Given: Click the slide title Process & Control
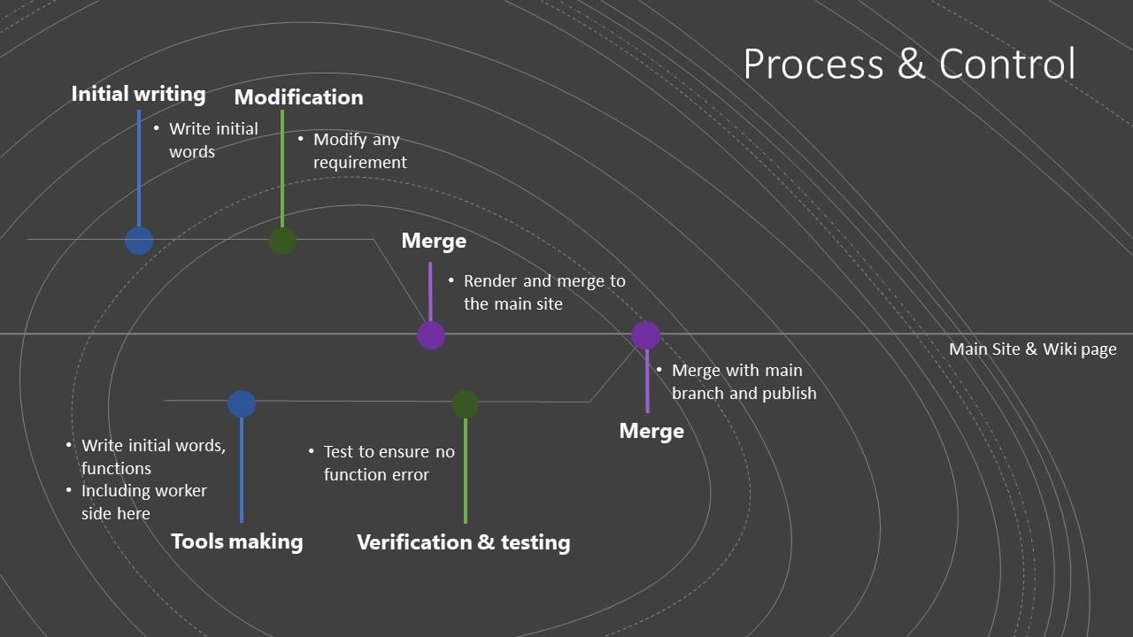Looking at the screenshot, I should point(909,64).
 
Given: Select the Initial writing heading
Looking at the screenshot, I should point(138,94).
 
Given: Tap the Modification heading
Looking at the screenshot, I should point(298,97).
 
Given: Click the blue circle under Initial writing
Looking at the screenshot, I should point(139,241).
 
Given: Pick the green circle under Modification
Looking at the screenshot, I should point(282,241).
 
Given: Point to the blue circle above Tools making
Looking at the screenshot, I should point(242,404).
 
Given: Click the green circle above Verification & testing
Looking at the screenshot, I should point(466,404).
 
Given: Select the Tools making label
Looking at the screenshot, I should point(236,541).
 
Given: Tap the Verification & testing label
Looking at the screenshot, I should point(463,542).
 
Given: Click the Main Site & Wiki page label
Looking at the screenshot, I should point(1032,349).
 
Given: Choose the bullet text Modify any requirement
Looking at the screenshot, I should point(359,151).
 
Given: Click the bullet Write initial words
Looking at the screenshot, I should point(213,140).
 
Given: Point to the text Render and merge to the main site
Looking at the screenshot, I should point(543,292).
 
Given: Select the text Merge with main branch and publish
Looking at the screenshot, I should point(744,381).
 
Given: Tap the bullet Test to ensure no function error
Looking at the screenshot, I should point(388,463).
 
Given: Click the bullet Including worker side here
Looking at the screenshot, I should point(143,502).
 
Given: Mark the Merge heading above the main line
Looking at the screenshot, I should point(434,241).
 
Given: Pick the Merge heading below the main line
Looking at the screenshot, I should point(651,431).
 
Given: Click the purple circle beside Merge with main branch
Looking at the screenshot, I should point(646,335).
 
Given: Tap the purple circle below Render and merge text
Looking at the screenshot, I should point(431,335).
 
